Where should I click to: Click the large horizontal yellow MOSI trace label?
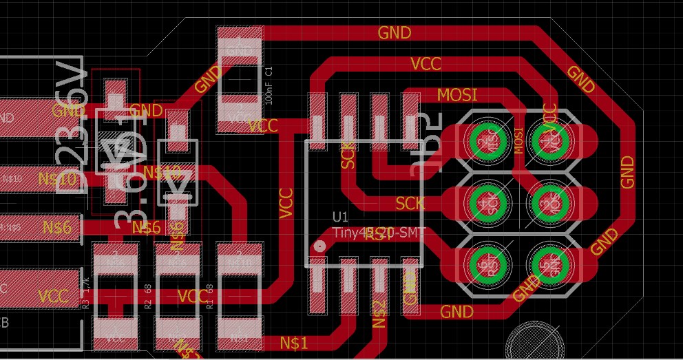[x=457, y=94]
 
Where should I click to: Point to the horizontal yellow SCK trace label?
[x=410, y=203]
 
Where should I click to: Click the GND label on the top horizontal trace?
[x=395, y=32]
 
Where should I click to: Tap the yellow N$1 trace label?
[x=294, y=342]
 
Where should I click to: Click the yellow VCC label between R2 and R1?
[x=191, y=297]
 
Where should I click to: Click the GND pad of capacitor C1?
[x=240, y=48]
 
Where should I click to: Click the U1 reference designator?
[x=340, y=216]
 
